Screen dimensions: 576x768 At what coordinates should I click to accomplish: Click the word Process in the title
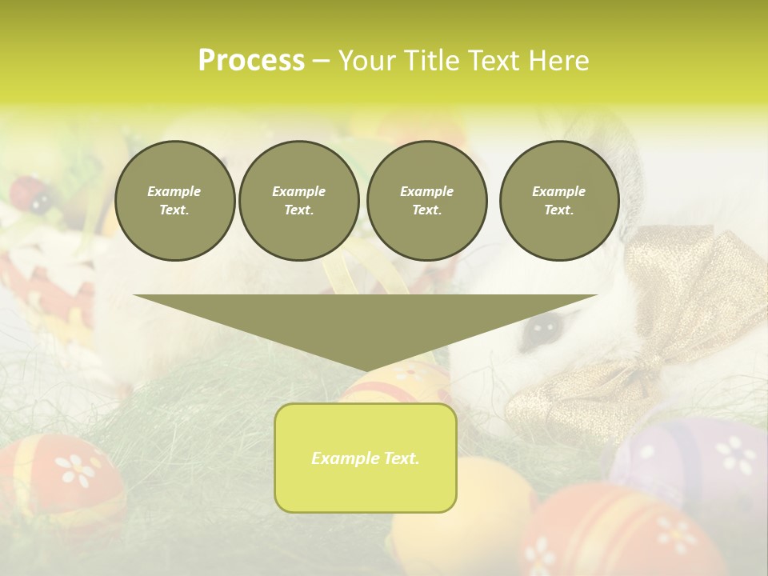click(x=251, y=61)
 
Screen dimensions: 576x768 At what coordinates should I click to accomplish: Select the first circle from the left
click(x=174, y=201)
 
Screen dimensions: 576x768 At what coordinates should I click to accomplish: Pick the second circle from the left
click(x=298, y=201)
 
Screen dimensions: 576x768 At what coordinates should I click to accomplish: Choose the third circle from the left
click(x=426, y=201)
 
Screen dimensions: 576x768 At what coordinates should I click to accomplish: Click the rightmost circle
click(x=558, y=201)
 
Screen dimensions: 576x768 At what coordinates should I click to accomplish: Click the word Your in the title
click(x=368, y=61)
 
